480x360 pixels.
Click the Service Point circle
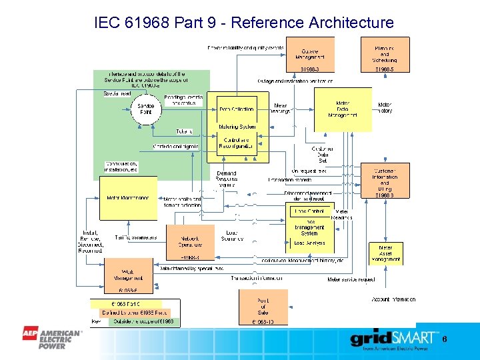[146, 109]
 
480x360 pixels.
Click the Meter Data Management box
[343, 109]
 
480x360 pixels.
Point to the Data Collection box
[237, 109]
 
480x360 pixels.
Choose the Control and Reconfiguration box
[237, 142]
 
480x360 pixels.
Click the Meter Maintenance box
[128, 198]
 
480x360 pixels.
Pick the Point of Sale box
[263, 306]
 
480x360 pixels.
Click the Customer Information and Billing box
[385, 183]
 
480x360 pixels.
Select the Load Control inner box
[309, 211]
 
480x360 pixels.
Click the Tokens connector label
[184, 131]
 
